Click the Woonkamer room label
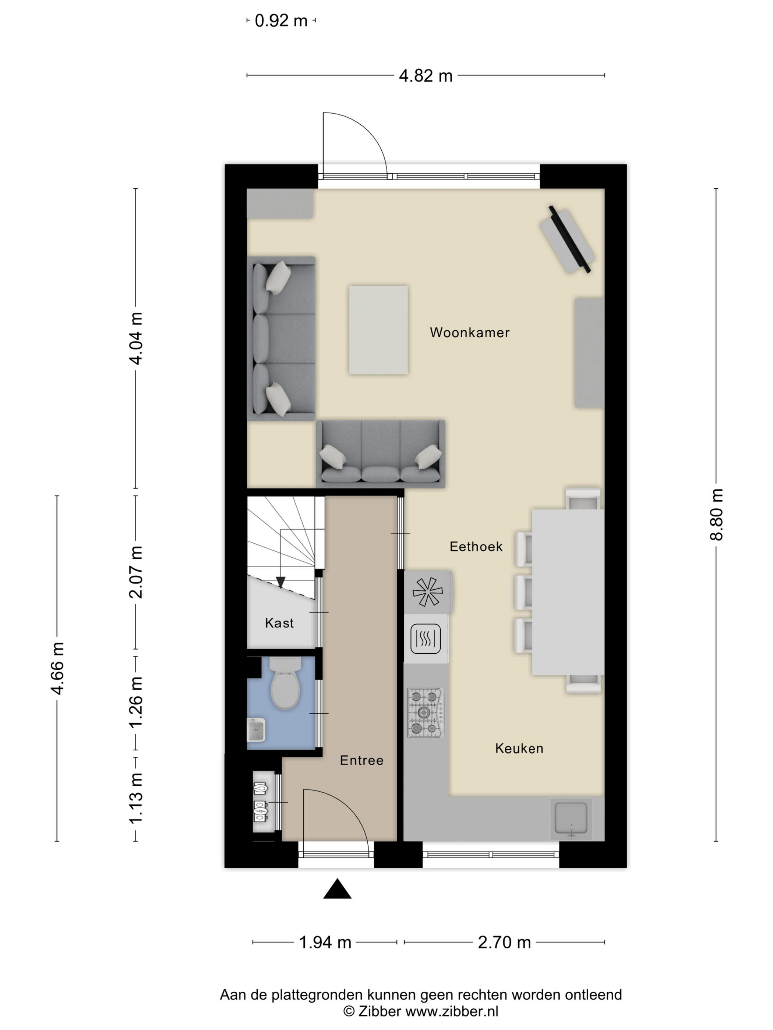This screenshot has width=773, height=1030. pos(469,333)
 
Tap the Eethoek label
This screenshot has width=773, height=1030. pos(476,546)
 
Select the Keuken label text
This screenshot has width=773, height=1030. pos(519,748)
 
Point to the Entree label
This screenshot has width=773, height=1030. pos(361,760)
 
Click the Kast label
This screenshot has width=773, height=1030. pos(279,623)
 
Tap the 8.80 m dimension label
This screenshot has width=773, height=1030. pos(716,515)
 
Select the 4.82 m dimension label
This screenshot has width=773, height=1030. pos(426,75)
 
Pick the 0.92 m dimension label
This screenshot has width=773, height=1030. pos(281,21)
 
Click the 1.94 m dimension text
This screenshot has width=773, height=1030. pos(325,942)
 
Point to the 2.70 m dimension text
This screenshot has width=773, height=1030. pos(504,942)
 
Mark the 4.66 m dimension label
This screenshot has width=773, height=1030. pos(57,668)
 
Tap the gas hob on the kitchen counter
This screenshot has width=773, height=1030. pos(426,713)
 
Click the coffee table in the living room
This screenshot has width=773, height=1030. pos(378,330)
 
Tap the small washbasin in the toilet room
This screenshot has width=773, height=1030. pos(256,730)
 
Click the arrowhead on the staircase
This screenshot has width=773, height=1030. pos(280,582)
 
